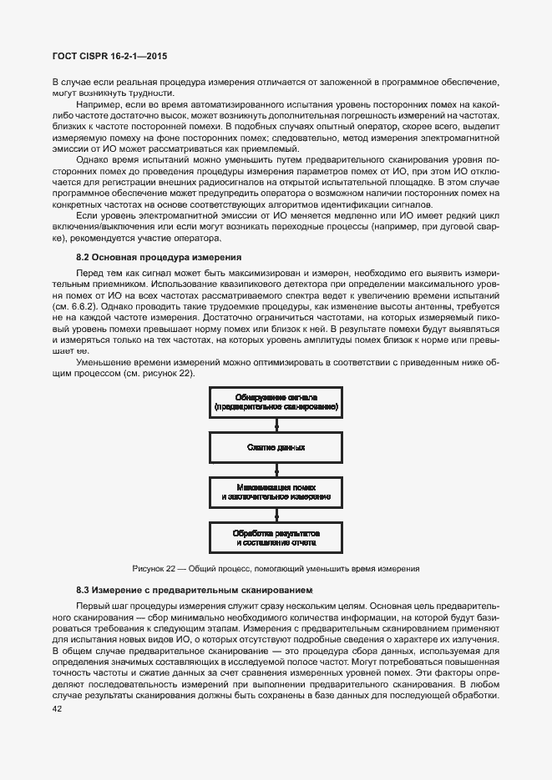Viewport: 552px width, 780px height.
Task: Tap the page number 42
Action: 57,709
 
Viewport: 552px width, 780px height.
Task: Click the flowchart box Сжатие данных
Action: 276,448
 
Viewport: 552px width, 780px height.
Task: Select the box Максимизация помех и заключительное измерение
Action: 276,491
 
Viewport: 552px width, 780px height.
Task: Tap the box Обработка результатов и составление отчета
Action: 276,536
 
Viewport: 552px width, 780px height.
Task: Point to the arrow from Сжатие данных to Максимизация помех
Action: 276,470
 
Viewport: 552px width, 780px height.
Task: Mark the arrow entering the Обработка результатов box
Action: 276,514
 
